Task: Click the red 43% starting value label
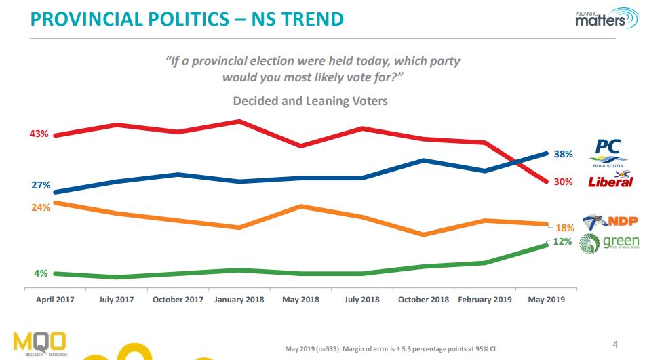(x=39, y=134)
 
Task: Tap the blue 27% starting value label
(x=39, y=185)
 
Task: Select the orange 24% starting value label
(x=39, y=208)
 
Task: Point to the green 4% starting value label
(x=41, y=273)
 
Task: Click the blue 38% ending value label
(x=564, y=155)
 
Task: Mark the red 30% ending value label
(x=564, y=182)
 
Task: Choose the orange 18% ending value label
(x=565, y=228)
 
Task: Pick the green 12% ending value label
(x=562, y=241)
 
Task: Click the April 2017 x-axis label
(x=55, y=299)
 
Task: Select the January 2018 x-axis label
(x=239, y=299)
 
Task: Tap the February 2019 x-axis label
(x=484, y=299)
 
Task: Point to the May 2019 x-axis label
(x=546, y=299)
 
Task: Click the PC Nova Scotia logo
(x=608, y=152)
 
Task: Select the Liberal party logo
(x=610, y=180)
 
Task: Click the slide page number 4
(x=615, y=342)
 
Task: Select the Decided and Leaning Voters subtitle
(x=310, y=101)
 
